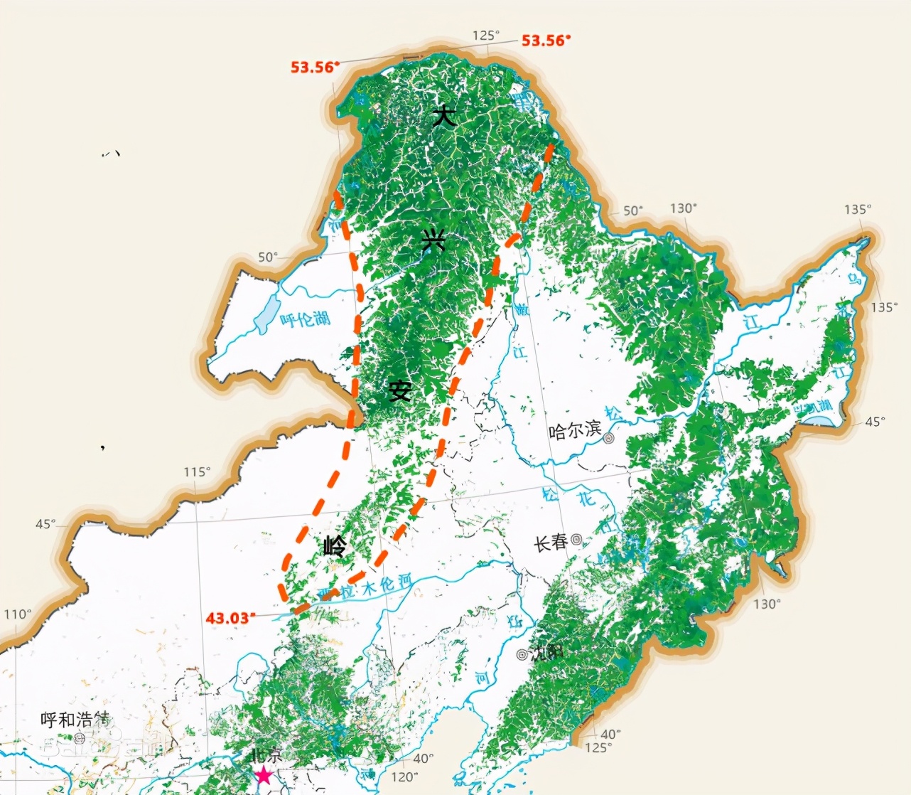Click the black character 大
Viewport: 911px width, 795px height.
coord(444,115)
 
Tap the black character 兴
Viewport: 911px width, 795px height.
coord(433,242)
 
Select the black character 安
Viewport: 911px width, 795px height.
coord(400,390)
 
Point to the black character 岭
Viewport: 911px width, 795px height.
coord(335,546)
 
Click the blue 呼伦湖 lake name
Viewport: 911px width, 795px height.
coord(305,319)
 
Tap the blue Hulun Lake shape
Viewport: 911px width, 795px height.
coord(266,316)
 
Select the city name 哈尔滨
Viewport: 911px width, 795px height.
coord(575,430)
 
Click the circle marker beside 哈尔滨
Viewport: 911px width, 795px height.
coord(609,439)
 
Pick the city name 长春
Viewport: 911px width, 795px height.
coord(551,543)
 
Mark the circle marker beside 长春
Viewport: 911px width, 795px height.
coord(576,540)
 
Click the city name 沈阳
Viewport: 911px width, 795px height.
coord(549,652)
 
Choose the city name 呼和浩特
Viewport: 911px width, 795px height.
coord(76,720)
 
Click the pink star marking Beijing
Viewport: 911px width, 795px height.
coord(264,775)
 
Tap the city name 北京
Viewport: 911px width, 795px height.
coord(266,755)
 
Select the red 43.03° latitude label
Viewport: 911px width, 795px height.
coord(229,617)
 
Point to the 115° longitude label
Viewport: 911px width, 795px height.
coord(197,472)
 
